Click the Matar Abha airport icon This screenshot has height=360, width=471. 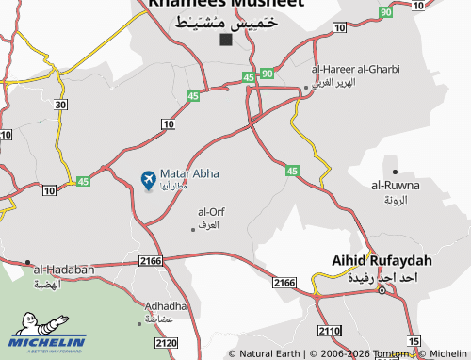click(148, 178)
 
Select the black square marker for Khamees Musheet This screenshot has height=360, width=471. click(226, 41)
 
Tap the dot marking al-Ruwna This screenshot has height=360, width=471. click(395, 171)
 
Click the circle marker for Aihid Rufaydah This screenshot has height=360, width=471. click(381, 290)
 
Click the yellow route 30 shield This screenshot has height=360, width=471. click(60, 105)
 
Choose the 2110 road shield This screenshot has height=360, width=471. click(329, 331)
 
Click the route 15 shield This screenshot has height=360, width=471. click(413, 340)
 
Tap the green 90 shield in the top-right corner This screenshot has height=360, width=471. click(386, 12)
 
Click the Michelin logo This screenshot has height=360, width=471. click(47, 342)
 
